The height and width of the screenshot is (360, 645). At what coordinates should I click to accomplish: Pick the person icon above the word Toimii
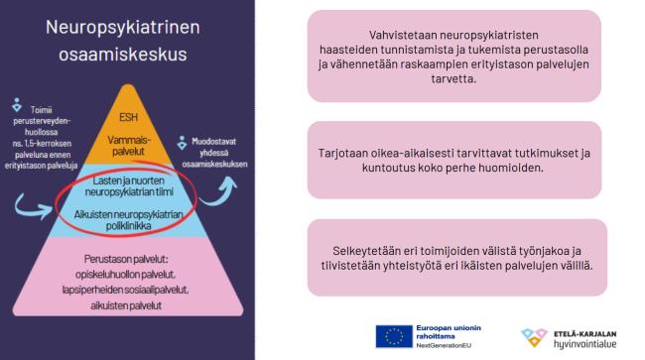click(16, 103)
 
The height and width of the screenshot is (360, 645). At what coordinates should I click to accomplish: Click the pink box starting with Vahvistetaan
click(454, 56)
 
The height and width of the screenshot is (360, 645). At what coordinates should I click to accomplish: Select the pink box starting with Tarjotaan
click(454, 161)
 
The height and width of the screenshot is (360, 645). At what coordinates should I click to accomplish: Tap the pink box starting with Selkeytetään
click(454, 258)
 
